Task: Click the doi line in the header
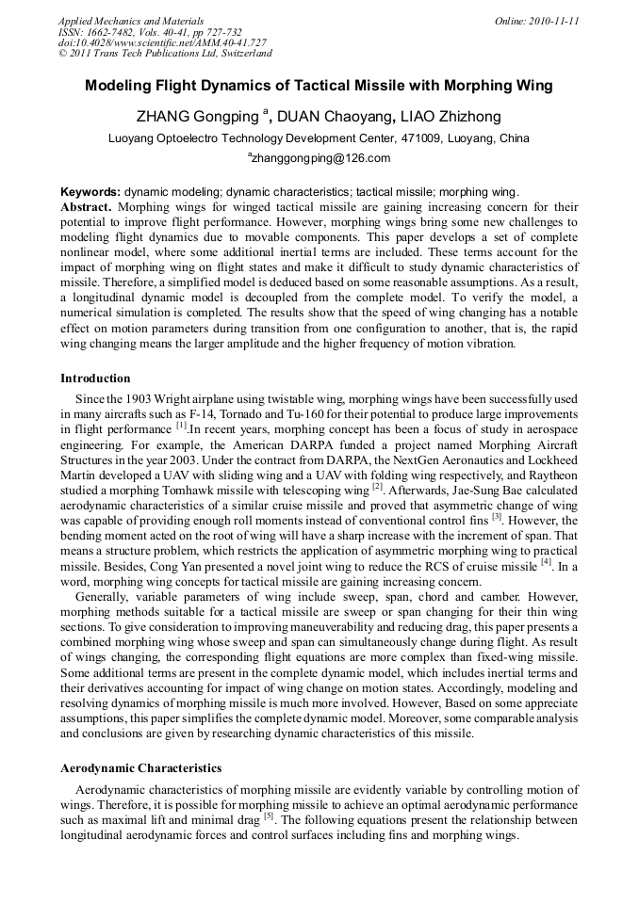[x=162, y=43]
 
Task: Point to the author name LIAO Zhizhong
[x=451, y=117]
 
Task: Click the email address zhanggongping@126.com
[x=320, y=158]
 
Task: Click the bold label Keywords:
[x=90, y=190]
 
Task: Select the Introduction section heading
[x=95, y=379]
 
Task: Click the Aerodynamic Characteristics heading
[x=141, y=768]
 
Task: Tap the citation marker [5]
[x=269, y=815]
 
